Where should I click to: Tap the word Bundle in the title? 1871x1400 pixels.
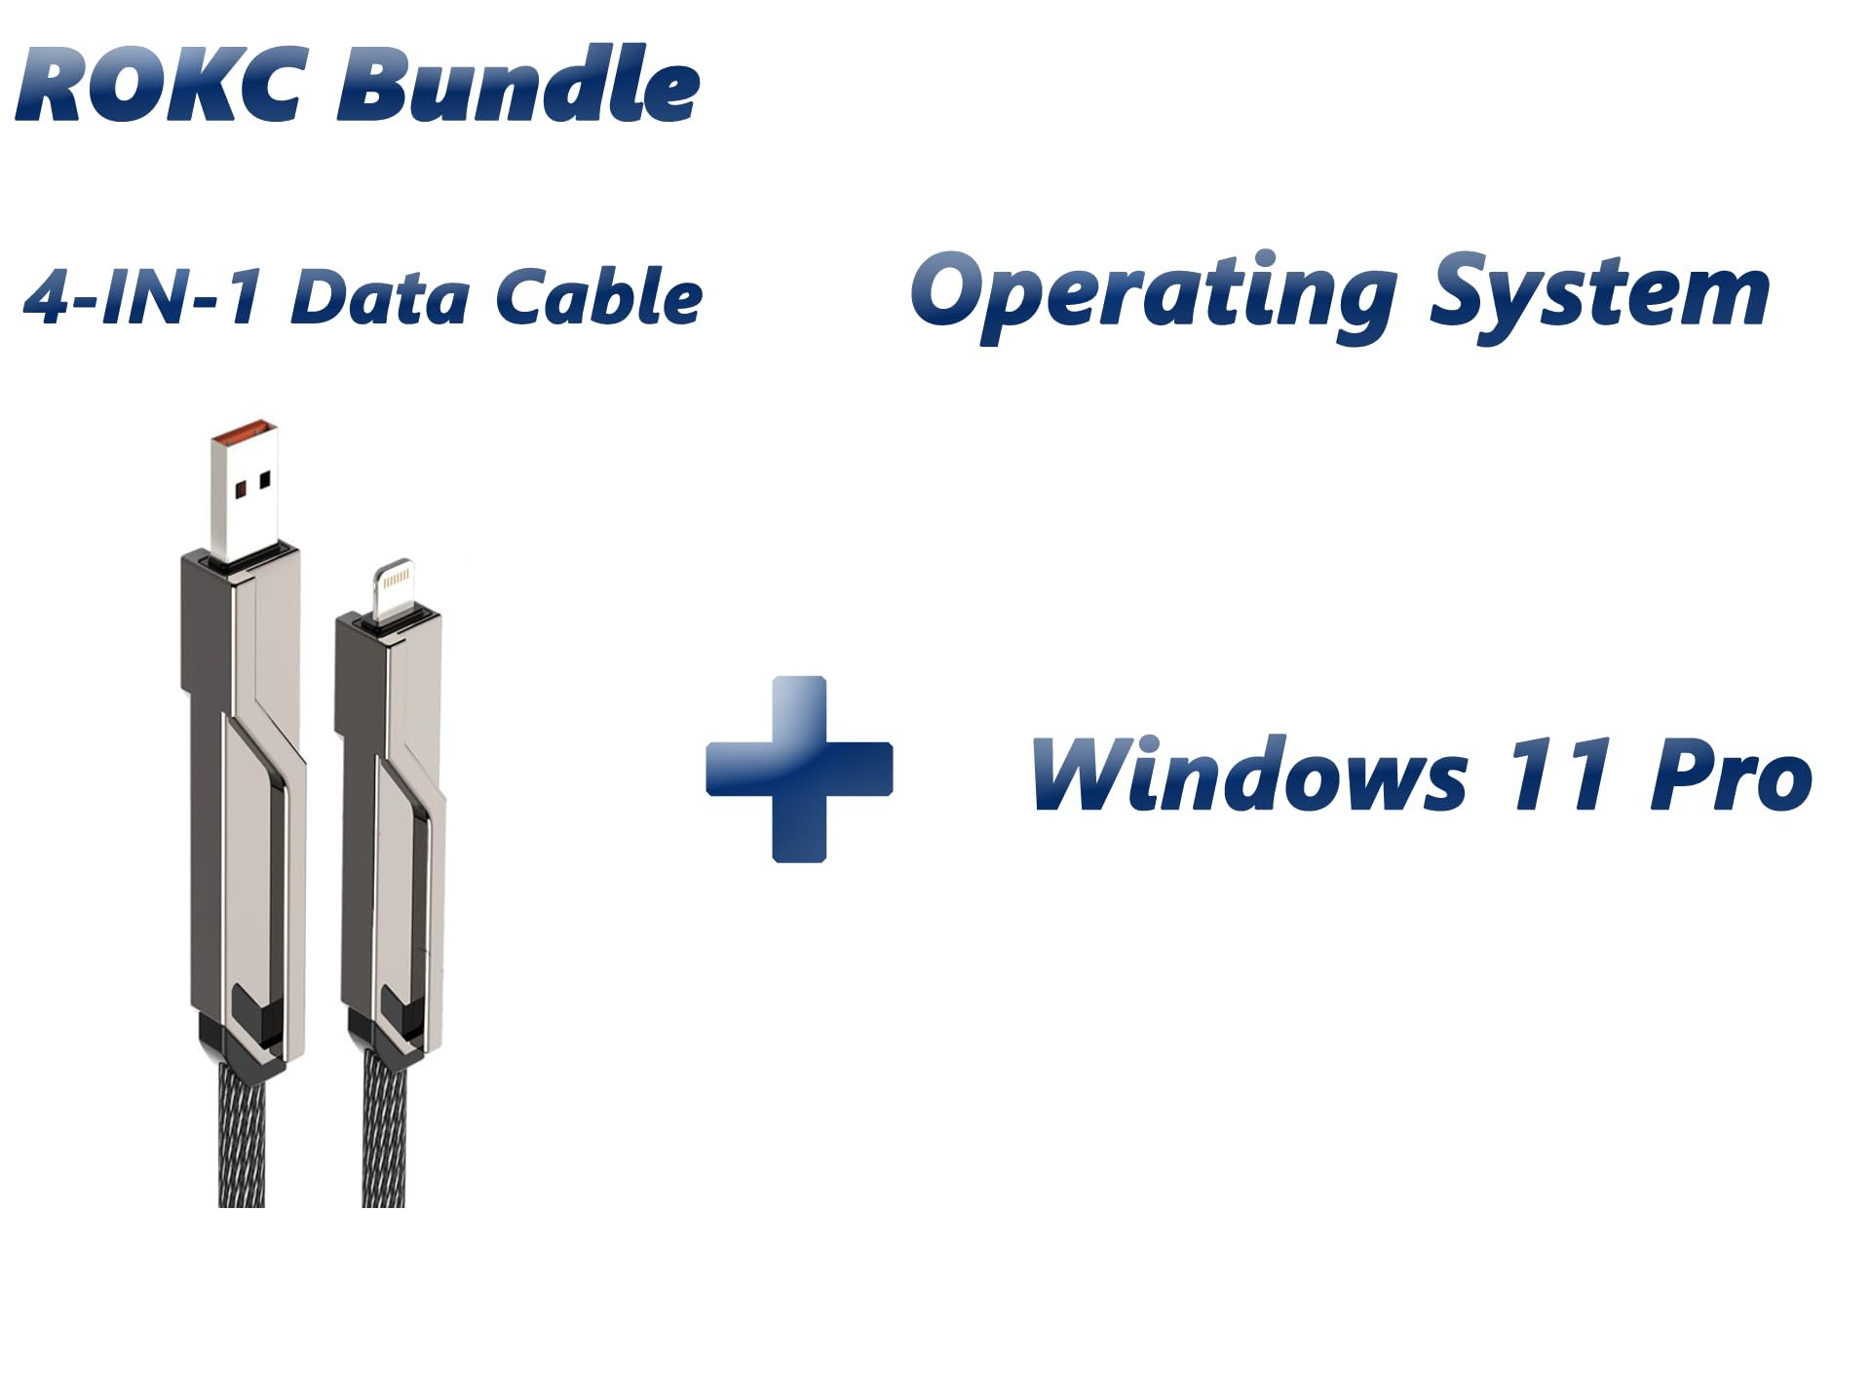[517, 86]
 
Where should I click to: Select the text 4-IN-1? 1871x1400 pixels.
[142, 297]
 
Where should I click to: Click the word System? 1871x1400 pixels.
[1598, 292]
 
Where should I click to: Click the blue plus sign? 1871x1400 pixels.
[799, 769]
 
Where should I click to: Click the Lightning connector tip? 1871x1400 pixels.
[395, 588]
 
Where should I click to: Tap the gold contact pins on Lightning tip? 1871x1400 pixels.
[396, 578]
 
